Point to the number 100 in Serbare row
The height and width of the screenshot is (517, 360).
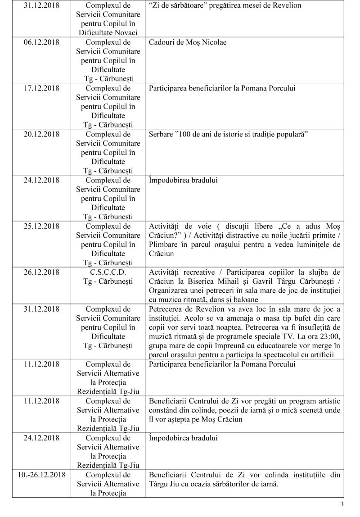186,134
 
